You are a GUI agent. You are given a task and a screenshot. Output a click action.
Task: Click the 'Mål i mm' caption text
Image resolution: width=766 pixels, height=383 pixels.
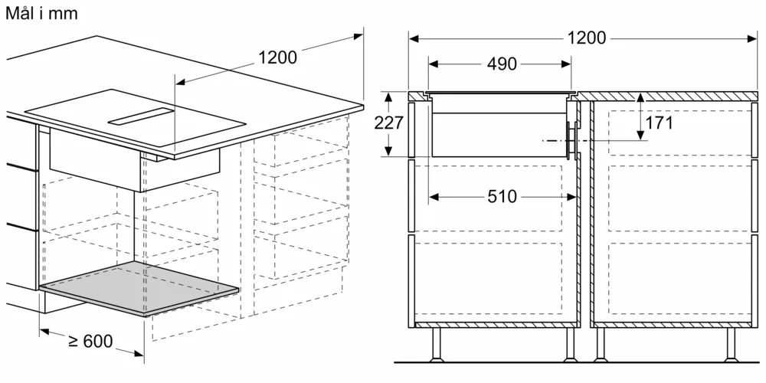tap(42, 13)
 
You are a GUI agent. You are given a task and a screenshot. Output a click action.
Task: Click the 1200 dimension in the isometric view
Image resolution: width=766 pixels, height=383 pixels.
tap(277, 57)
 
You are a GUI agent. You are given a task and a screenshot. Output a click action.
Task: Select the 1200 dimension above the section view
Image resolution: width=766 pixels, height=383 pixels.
tap(586, 38)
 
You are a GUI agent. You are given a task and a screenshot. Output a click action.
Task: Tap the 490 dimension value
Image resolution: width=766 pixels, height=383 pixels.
tap(502, 64)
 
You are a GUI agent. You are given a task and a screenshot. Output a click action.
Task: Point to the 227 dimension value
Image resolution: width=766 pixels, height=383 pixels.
tap(389, 123)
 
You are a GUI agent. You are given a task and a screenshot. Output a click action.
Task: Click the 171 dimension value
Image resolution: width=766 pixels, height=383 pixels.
tap(659, 123)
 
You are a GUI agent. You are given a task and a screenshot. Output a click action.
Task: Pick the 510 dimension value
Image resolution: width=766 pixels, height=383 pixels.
tap(502, 196)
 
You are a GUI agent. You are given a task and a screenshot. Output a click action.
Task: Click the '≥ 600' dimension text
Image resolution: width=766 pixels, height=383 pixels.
tap(90, 341)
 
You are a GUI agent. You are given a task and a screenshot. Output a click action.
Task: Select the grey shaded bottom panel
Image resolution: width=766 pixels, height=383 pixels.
tap(139, 288)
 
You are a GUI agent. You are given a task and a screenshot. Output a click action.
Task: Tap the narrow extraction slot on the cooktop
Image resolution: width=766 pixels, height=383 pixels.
tap(141, 116)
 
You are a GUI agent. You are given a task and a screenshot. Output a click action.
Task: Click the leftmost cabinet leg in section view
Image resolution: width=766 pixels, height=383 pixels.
tap(436, 345)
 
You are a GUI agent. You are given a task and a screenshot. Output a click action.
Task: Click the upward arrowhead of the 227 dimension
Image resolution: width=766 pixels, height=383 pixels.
tap(388, 97)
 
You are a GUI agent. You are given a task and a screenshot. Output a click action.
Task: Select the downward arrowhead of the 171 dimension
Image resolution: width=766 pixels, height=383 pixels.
tap(640, 136)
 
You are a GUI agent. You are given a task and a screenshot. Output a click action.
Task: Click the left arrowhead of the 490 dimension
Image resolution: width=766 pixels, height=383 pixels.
tap(434, 64)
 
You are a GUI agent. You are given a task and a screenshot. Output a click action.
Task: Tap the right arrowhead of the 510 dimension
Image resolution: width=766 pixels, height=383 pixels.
tap(571, 196)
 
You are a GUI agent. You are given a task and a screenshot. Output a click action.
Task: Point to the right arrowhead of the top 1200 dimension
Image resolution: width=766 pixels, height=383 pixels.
tap(752, 38)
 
